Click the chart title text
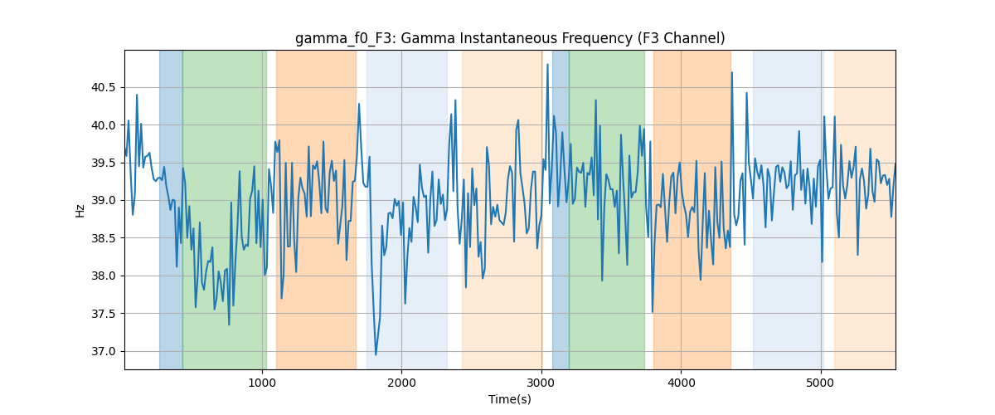click(510, 39)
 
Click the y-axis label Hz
click(80, 211)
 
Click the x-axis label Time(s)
click(510, 399)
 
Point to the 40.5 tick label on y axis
click(103, 88)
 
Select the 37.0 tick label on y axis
click(103, 351)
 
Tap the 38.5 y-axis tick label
click(103, 238)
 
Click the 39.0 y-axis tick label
click(103, 201)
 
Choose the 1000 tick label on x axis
click(262, 383)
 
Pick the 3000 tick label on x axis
click(541, 383)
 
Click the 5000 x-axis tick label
click(821, 383)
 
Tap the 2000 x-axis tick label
click(401, 383)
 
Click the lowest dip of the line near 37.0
click(376, 354)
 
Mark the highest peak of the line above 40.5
click(548, 65)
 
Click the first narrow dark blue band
click(171, 209)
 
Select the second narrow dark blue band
click(561, 209)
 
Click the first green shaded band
click(225, 209)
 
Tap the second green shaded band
click(607, 209)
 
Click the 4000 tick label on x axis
click(681, 383)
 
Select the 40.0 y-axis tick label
click(103, 125)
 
